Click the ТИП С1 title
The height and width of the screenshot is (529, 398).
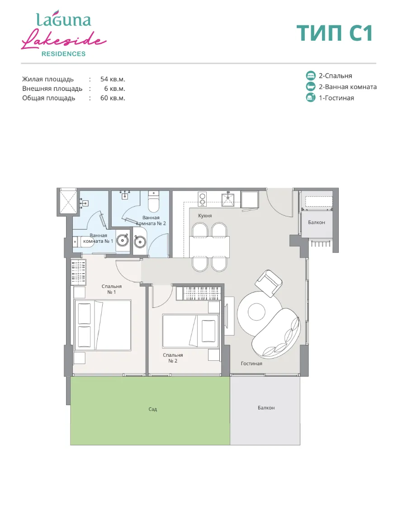point(334,33)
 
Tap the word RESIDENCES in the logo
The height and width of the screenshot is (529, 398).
point(63,54)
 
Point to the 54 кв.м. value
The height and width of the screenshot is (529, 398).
point(113,79)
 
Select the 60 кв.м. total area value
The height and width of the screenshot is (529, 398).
point(113,98)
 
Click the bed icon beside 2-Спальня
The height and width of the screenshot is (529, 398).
point(311,76)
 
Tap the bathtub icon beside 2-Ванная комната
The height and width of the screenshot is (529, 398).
point(311,87)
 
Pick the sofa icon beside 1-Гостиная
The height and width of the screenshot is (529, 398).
point(311,98)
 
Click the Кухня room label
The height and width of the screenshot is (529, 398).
point(205,216)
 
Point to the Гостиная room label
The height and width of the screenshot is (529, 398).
point(251,364)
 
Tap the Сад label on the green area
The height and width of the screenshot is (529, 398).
point(152,409)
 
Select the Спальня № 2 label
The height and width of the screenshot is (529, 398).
point(173,358)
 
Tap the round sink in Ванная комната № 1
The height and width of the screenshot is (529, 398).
point(123,240)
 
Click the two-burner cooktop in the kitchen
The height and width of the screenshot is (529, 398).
point(202,198)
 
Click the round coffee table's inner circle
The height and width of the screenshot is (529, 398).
point(256,312)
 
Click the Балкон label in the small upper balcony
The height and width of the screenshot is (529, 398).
point(316,222)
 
